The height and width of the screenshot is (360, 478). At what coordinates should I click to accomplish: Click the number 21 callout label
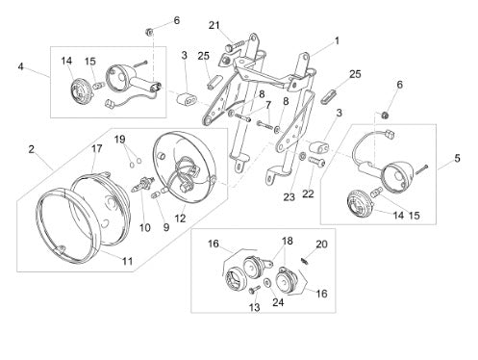214,25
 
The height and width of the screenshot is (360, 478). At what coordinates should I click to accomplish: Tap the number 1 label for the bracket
337,40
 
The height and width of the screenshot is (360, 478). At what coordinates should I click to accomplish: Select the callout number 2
31,149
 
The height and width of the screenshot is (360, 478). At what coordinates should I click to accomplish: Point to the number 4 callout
21,66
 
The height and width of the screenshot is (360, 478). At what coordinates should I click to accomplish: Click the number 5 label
457,158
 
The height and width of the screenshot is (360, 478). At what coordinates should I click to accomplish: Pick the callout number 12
181,219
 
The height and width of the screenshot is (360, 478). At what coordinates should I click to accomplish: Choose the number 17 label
97,148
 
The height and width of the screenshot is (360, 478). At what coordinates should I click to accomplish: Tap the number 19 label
120,140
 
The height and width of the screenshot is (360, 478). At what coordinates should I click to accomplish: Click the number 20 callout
321,244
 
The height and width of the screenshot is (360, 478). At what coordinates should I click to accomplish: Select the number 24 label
278,302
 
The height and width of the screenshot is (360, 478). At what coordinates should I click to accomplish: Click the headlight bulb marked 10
143,185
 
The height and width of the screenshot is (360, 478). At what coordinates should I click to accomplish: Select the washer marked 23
302,157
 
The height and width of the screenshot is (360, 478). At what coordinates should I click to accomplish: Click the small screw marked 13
254,290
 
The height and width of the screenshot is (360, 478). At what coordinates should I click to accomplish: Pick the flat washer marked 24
266,283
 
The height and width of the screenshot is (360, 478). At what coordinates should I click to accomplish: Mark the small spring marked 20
305,261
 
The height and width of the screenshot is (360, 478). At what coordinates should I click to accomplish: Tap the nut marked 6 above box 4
149,32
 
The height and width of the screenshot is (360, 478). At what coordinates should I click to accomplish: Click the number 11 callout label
127,261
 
